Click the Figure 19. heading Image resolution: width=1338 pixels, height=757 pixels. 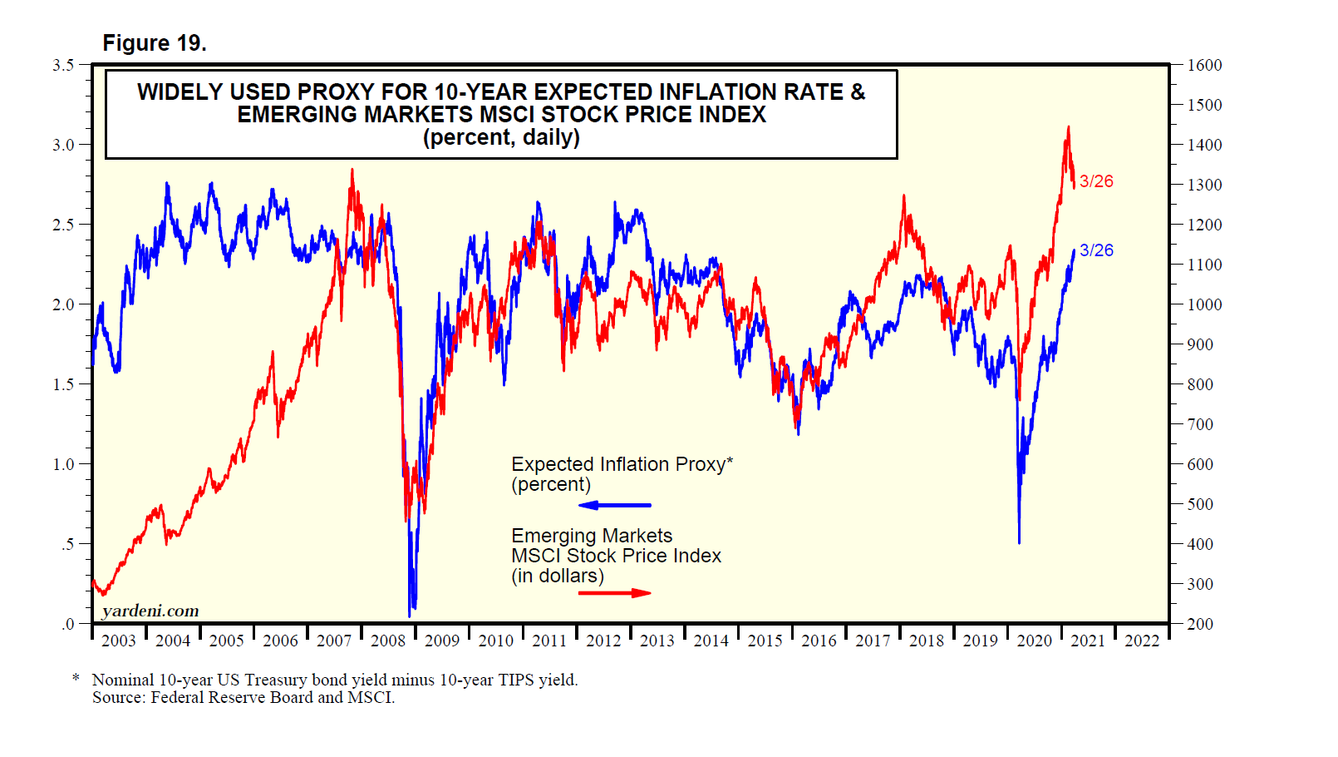[x=154, y=43]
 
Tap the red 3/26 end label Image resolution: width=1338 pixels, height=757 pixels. [x=1096, y=181]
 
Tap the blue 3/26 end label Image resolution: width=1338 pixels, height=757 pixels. [x=1096, y=250]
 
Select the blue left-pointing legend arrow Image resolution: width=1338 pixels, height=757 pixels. [x=614, y=505]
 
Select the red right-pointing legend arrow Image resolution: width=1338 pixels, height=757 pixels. [x=614, y=593]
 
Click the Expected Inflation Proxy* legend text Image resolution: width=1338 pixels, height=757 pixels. [x=622, y=464]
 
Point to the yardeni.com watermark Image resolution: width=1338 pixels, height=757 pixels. [x=150, y=611]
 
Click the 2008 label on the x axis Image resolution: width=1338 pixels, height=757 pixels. [x=388, y=641]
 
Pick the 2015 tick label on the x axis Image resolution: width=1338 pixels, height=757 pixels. [x=765, y=641]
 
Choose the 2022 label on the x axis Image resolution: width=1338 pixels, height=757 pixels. [x=1141, y=641]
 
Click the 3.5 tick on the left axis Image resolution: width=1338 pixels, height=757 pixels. [x=63, y=65]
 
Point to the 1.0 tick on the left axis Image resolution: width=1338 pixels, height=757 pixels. [x=63, y=464]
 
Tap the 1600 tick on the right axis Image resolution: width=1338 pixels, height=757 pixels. [x=1204, y=65]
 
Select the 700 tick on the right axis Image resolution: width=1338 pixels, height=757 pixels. [x=1200, y=424]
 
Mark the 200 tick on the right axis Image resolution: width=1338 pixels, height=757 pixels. [x=1200, y=624]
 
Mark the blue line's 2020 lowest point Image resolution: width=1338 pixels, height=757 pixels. [x=1019, y=542]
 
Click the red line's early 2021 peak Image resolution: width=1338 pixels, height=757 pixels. [x=1068, y=127]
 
